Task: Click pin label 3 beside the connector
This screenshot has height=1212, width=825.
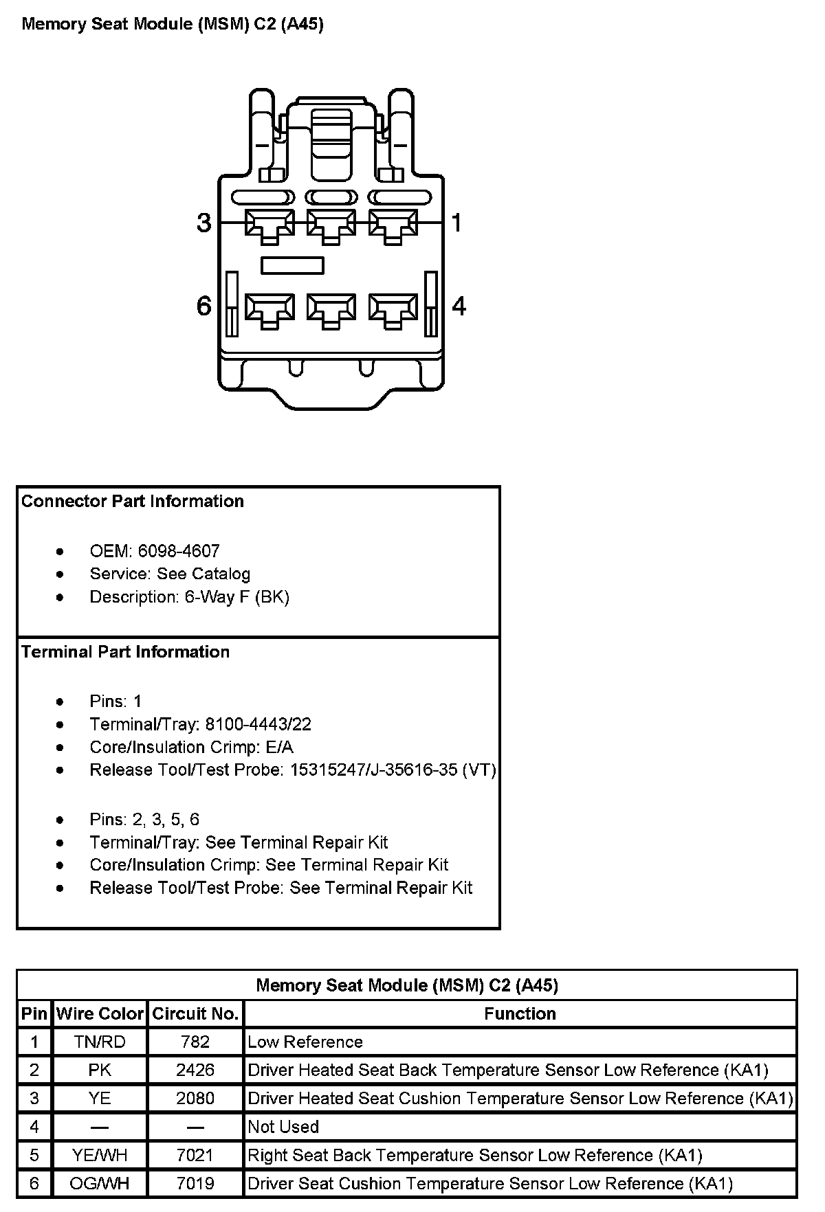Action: click(x=204, y=223)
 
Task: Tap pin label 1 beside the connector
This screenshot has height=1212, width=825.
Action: click(x=457, y=223)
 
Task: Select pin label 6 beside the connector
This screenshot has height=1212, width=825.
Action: click(x=204, y=306)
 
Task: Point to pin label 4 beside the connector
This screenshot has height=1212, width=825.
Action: click(x=459, y=306)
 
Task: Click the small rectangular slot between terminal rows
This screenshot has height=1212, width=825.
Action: click(x=292, y=265)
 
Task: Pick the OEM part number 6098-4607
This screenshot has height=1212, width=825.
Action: click(x=179, y=551)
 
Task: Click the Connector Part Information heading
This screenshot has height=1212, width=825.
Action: click(x=133, y=502)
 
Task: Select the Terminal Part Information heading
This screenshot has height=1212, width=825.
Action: click(x=126, y=652)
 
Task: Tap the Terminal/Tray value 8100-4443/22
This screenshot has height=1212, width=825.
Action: click(x=258, y=724)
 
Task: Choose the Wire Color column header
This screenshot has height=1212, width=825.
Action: click(x=100, y=1013)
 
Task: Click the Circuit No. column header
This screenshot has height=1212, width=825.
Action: click(x=195, y=1013)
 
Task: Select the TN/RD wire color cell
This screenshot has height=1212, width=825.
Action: click(x=100, y=1042)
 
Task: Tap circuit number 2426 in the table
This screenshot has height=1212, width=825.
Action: click(x=195, y=1070)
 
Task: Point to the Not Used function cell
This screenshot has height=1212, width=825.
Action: click(x=283, y=1127)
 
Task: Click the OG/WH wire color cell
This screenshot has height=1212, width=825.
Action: click(x=100, y=1184)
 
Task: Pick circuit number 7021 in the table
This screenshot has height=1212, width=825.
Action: click(x=195, y=1156)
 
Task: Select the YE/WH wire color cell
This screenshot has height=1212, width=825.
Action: click(x=100, y=1156)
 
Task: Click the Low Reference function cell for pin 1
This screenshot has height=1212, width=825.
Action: click(x=305, y=1042)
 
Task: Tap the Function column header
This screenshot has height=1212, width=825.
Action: click(x=520, y=1013)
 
